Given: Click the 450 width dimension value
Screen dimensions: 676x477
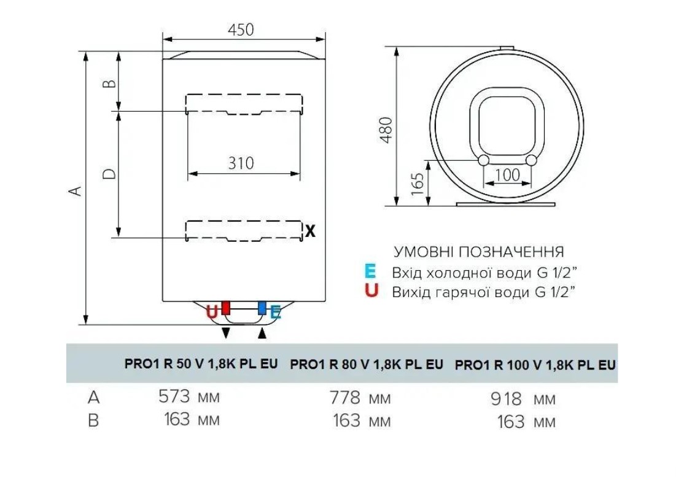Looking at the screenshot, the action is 241,29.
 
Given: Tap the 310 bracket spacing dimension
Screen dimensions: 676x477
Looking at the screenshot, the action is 241,163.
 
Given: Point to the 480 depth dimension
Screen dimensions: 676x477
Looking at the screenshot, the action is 387,130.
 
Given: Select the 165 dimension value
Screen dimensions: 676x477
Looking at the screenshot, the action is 418,184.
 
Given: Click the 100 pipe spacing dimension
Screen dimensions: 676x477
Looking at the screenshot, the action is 507,174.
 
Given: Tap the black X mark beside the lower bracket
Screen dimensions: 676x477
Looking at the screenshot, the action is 311,231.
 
